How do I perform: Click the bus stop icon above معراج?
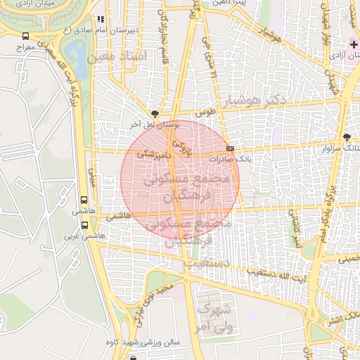(26, 36)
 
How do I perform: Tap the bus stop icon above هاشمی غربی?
(85, 226)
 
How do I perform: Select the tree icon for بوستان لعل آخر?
(155, 112)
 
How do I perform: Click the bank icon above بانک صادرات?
(231, 149)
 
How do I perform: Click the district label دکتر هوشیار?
(253, 102)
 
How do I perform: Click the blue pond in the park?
(73, 51)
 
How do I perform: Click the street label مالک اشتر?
(335, 319)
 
